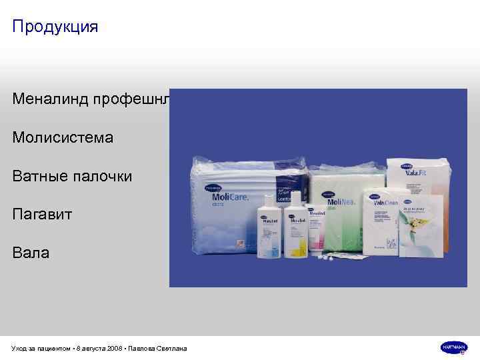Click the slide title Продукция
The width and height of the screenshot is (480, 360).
[x=55, y=27]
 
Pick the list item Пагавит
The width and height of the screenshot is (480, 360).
[x=42, y=215]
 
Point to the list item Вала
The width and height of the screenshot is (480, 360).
[x=31, y=253]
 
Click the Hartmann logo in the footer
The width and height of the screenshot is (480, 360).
[x=453, y=347]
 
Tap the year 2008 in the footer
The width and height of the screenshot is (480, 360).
[x=113, y=348]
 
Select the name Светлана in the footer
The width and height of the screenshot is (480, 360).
[x=171, y=348]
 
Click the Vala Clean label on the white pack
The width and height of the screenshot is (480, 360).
[x=386, y=202]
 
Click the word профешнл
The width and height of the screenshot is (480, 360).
[x=141, y=99]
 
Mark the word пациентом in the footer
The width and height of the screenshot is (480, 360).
[x=53, y=348]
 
